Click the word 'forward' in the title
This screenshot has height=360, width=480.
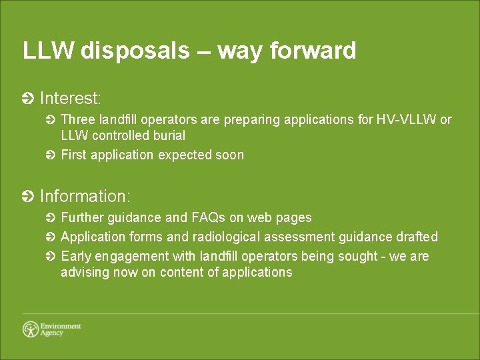tap(313, 51)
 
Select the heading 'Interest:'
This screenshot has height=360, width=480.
tap(71, 99)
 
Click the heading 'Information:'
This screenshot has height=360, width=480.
tap(85, 196)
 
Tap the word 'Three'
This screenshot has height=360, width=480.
tap(77, 120)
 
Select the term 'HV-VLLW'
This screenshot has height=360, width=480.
tap(406, 120)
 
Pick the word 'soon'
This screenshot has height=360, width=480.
tap(229, 155)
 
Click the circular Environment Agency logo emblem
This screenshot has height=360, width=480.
tap(30, 329)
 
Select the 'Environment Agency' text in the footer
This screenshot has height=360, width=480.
tap(60, 329)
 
